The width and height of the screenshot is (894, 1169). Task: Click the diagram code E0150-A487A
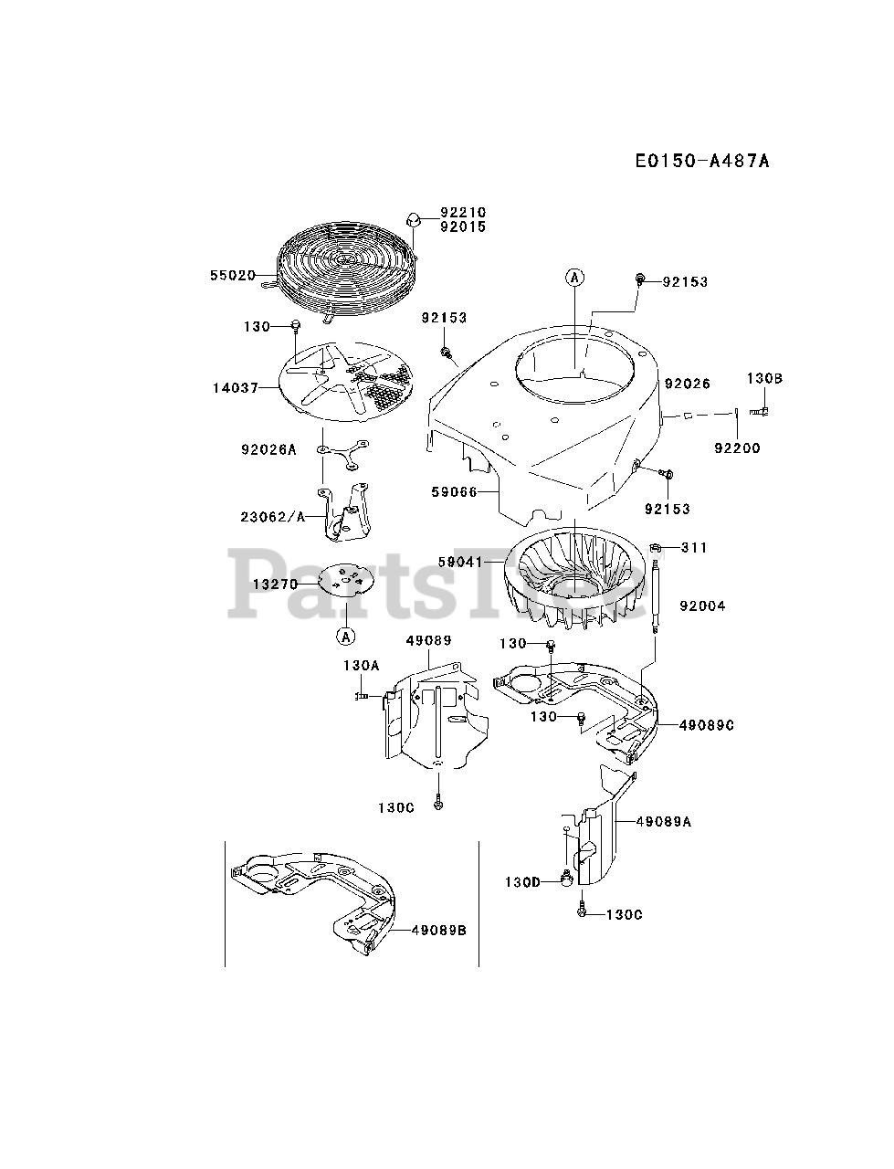(702, 162)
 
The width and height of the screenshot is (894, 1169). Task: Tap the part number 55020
(232, 275)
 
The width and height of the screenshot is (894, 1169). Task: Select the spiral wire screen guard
(346, 265)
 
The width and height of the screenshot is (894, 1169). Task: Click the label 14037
(236, 387)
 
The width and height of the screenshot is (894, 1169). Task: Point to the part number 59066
(454, 491)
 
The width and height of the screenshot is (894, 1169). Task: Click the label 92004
(702, 606)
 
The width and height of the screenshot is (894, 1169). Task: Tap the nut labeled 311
(656, 547)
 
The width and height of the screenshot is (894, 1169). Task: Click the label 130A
(361, 666)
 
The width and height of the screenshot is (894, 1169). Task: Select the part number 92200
(736, 448)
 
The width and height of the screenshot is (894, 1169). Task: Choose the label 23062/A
(271, 516)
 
